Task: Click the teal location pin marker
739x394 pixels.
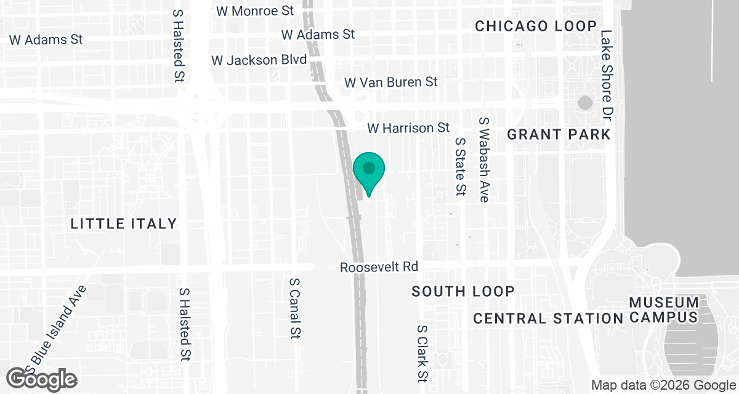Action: [369, 171]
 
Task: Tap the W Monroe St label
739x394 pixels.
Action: [255, 10]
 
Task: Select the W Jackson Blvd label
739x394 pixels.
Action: [259, 60]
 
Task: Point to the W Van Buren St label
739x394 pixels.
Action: [391, 82]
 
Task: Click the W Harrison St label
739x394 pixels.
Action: [408, 128]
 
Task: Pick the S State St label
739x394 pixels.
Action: [459, 166]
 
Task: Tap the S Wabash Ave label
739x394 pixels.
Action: [484, 160]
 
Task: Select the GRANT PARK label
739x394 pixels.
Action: [559, 134]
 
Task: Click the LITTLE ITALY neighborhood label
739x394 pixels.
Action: [124, 223]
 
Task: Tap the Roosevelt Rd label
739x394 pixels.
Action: [379, 267]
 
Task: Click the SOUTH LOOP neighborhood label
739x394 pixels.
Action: [463, 291]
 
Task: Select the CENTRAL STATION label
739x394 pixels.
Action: [548, 318]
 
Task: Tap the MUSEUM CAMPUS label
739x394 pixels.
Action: [664, 310]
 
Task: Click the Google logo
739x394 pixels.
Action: [42, 379]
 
